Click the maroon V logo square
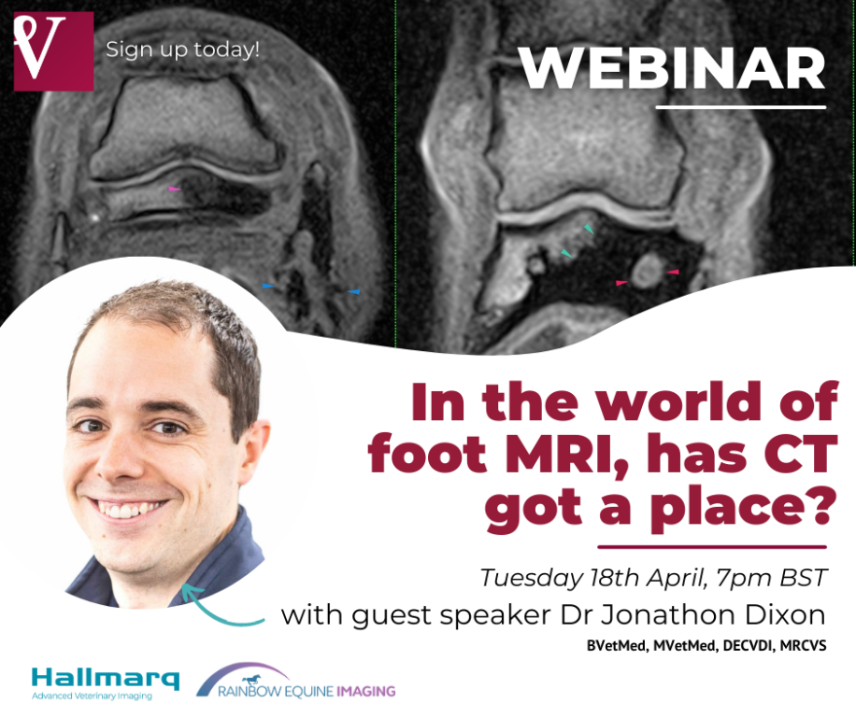coord(53,51)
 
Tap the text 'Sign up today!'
coord(182,49)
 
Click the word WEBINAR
coord(672,68)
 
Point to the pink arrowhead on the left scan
coord(174,189)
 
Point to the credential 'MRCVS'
coord(803,646)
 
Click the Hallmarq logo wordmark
coord(106,679)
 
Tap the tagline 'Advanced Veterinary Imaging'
coord(93,696)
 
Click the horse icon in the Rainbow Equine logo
coord(251,680)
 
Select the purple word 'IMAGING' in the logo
coord(365,692)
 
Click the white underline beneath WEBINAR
coord(741,106)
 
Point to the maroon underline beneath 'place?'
coord(712,546)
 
